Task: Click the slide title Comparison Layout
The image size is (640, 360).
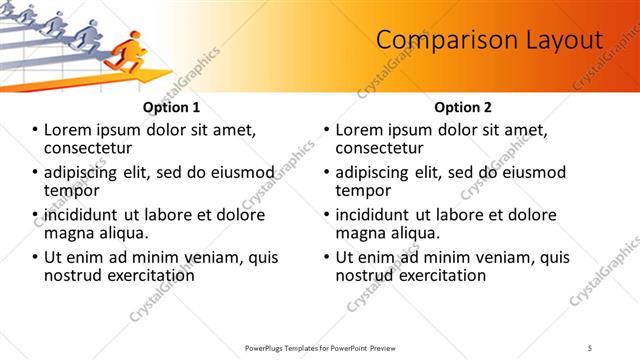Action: pyautogui.click(x=489, y=40)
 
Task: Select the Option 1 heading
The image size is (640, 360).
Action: pyautogui.click(x=171, y=107)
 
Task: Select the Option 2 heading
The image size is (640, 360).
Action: pyautogui.click(x=463, y=107)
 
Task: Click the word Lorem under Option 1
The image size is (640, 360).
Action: pyautogui.click(x=69, y=130)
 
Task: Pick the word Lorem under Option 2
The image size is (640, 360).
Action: pyautogui.click(x=360, y=130)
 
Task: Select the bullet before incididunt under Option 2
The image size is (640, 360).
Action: pyautogui.click(x=327, y=215)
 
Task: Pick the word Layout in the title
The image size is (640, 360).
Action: pyautogui.click(x=566, y=40)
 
